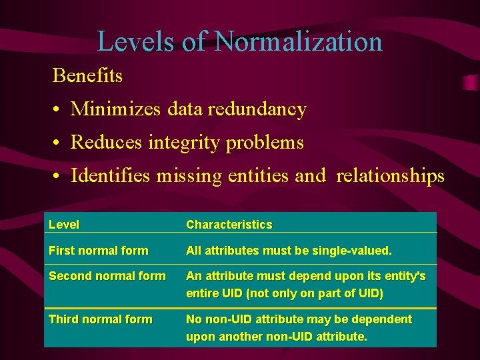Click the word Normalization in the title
point(299,41)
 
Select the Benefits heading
point(87,75)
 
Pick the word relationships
point(390,176)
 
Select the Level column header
point(64,225)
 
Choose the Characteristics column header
point(229,225)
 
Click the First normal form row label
point(99,251)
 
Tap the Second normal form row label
point(107,276)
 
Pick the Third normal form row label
point(100,319)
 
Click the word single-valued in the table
point(354,251)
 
